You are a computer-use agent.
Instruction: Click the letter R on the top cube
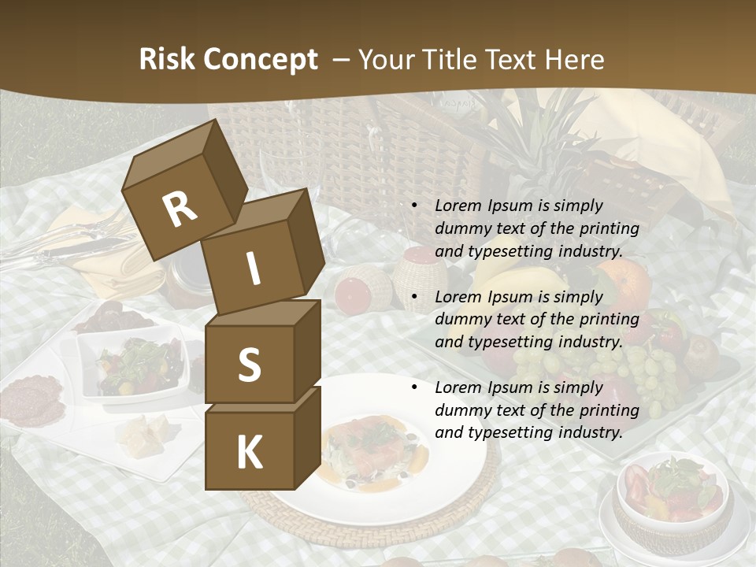coord(180,209)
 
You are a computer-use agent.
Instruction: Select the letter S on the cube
coord(249,365)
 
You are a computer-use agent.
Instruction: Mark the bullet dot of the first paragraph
coord(414,206)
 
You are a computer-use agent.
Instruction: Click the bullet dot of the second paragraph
coord(414,298)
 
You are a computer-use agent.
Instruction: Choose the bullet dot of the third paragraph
coord(414,388)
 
